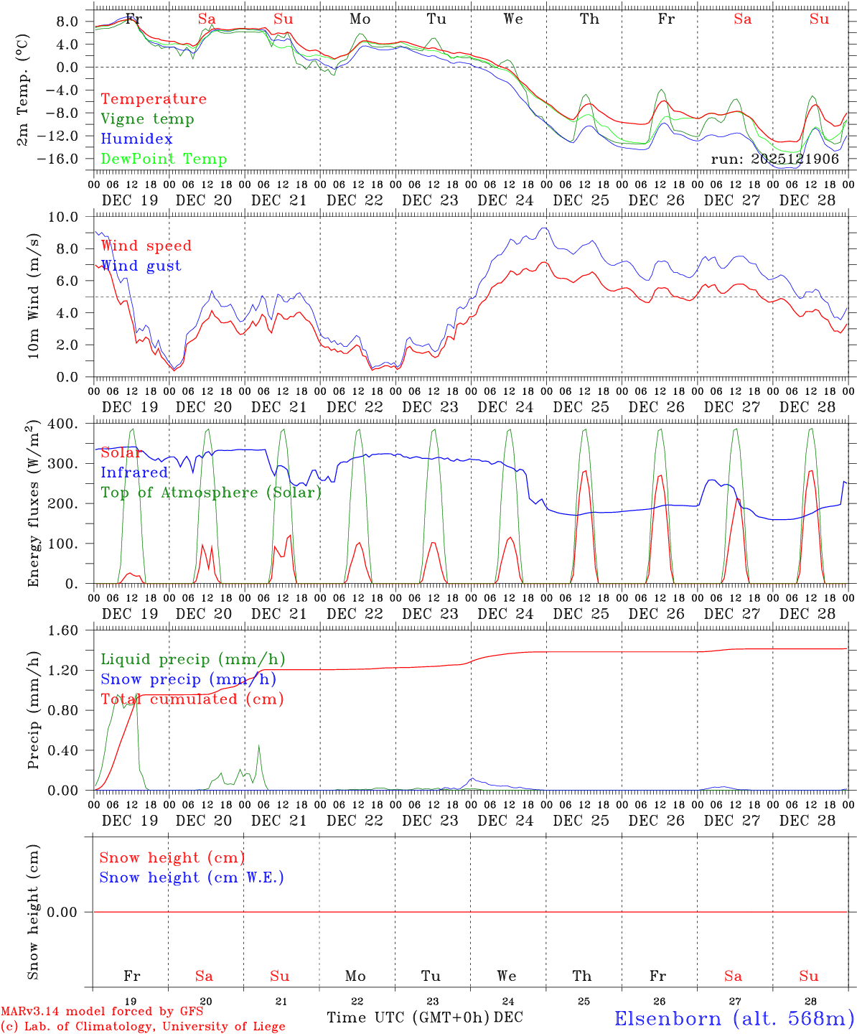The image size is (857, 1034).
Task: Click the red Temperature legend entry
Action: click(153, 99)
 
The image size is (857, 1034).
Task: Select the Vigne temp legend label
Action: click(147, 119)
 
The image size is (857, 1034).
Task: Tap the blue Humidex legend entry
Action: click(136, 139)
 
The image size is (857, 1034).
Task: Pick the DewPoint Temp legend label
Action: click(164, 159)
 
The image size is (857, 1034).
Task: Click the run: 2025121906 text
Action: click(774, 159)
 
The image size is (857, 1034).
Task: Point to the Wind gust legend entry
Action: click(141, 266)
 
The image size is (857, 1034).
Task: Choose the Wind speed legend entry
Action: click(146, 246)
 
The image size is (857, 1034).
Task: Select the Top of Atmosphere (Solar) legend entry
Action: click(211, 493)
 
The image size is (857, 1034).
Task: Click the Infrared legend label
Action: click(134, 472)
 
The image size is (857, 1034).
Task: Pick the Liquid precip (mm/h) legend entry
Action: click(192, 659)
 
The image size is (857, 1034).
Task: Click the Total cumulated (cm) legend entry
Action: click(192, 699)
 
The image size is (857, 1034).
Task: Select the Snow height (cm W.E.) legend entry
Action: click(192, 877)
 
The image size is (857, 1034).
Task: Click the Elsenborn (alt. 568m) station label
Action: click(734, 1018)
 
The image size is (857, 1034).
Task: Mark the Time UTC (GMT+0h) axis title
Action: click(408, 1017)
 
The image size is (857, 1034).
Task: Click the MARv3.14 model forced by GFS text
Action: click(102, 1012)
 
